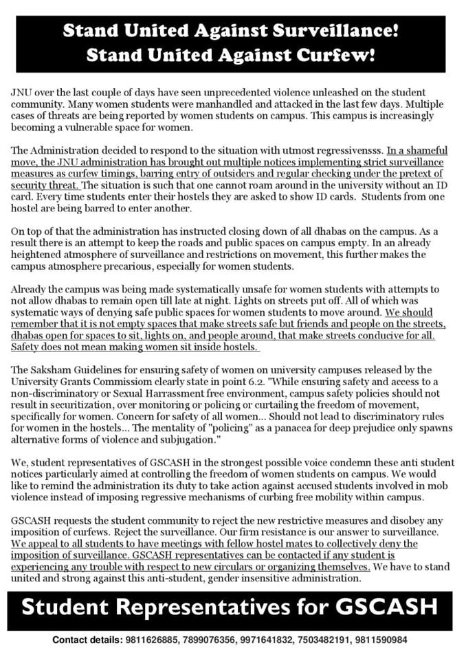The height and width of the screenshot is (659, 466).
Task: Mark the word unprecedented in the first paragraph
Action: coord(256,92)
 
